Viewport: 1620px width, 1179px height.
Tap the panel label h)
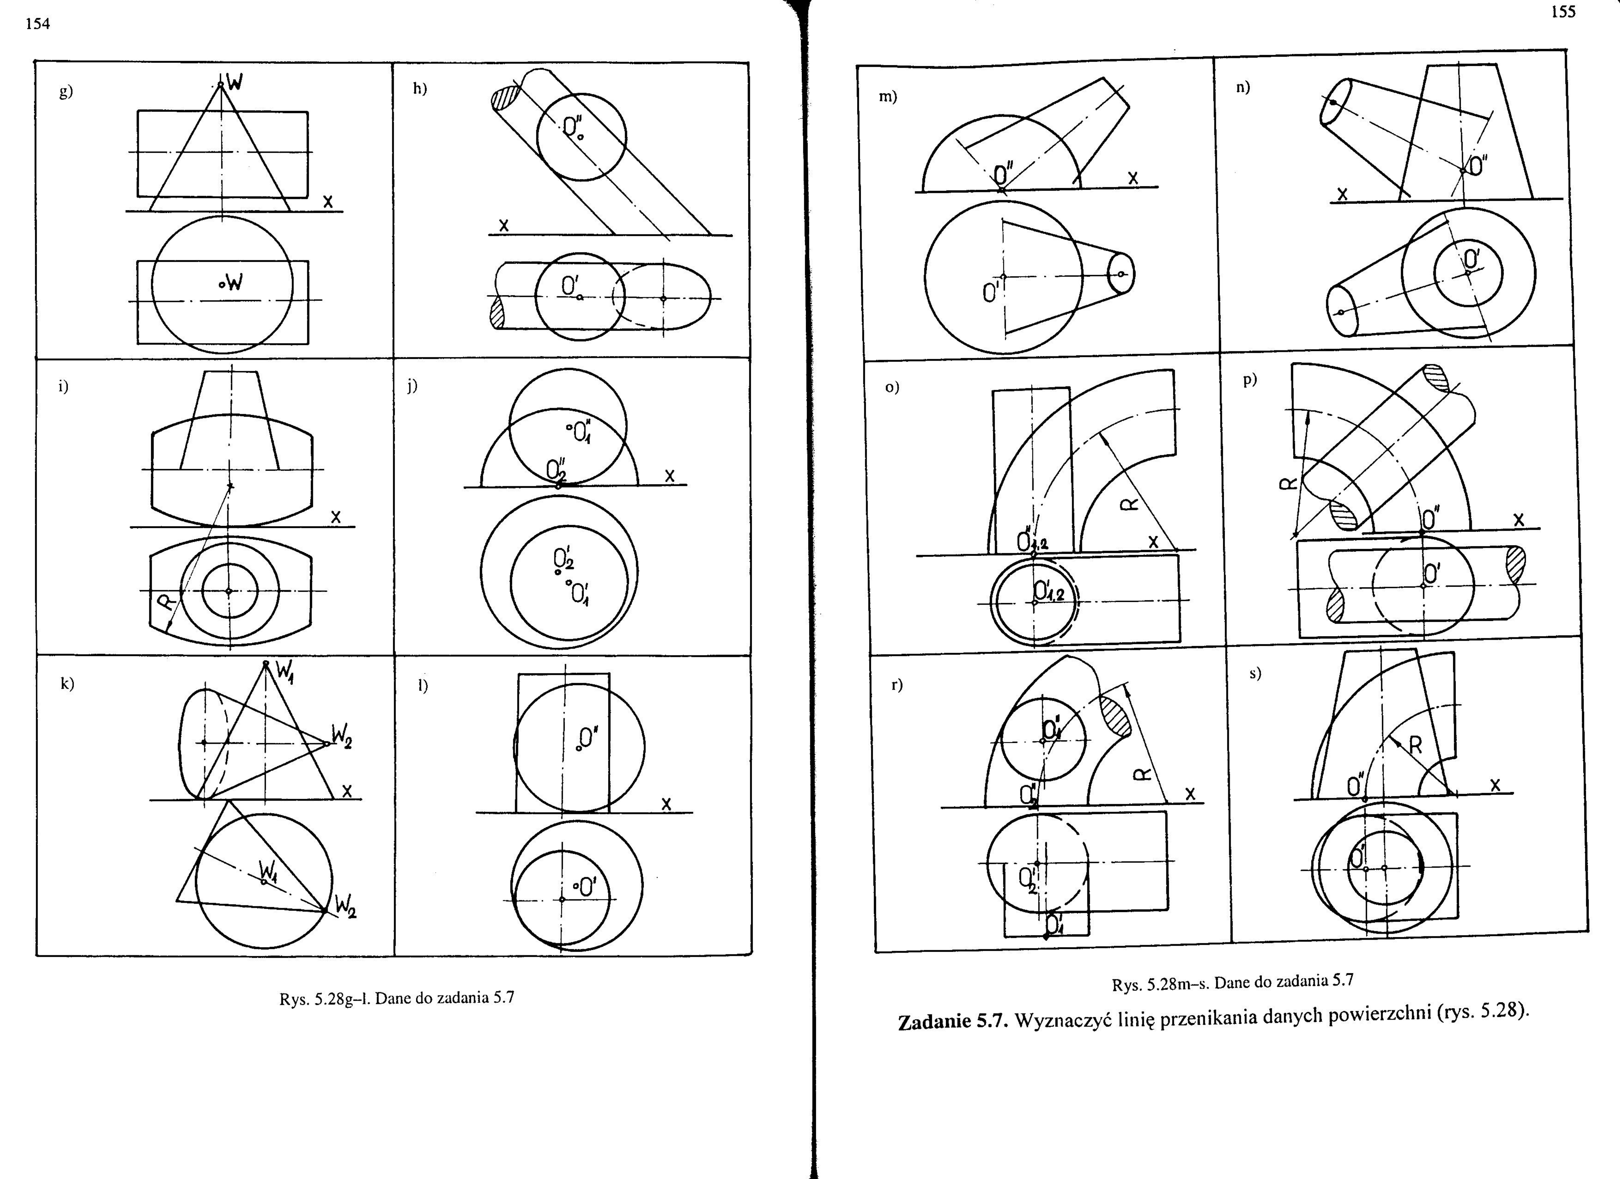(420, 89)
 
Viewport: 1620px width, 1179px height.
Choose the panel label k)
(67, 683)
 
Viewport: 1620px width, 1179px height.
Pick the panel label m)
(888, 96)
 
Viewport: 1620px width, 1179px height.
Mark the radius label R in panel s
(1415, 746)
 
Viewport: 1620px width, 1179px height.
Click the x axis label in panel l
(666, 804)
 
